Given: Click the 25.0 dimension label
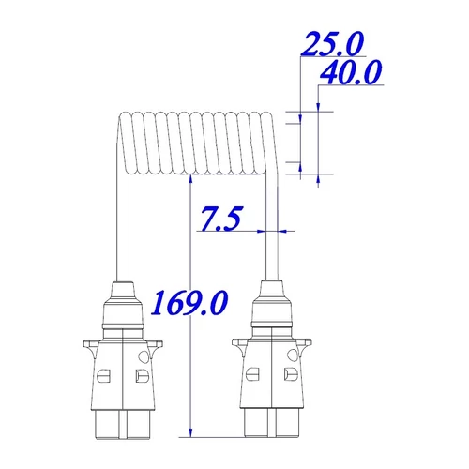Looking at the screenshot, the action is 332,44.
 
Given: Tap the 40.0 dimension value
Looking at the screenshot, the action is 351,72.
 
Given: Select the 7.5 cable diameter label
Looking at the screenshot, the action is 220,218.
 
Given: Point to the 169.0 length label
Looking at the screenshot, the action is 189,303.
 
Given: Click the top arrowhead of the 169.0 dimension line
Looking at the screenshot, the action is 191,179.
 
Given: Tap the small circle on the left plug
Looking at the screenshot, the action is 144,356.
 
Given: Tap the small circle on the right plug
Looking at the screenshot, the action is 293,355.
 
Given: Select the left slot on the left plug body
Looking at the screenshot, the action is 104,375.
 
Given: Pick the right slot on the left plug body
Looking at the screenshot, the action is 142,375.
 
